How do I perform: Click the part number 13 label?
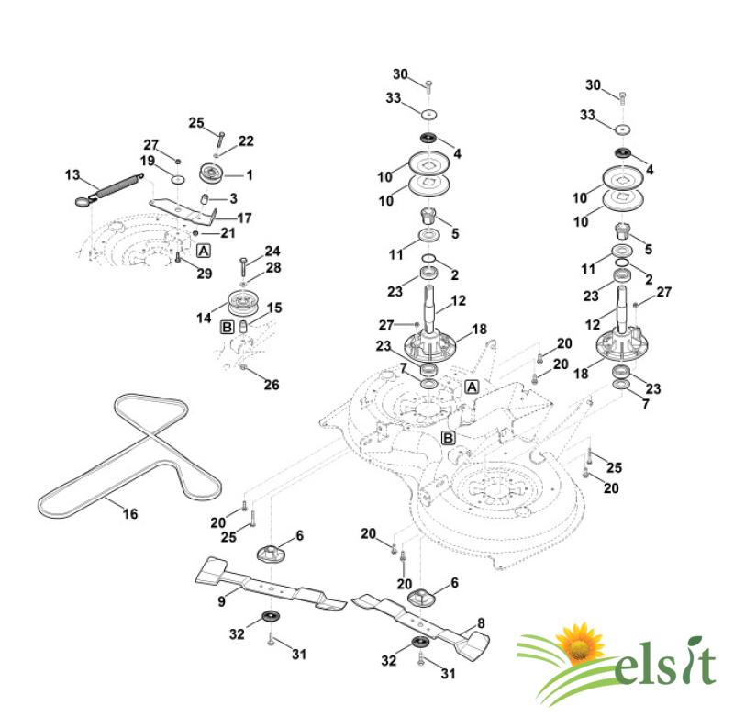[72, 174]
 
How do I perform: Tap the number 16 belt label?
[130, 514]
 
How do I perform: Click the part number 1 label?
[248, 174]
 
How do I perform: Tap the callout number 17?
[244, 218]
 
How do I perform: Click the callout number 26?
[272, 385]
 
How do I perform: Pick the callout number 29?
[204, 274]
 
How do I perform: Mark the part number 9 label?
[221, 602]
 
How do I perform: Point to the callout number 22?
[246, 140]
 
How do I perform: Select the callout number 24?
[272, 252]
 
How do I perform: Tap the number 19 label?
[147, 162]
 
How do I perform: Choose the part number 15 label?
[274, 308]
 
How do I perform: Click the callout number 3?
[233, 197]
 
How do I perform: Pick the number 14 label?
[203, 317]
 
